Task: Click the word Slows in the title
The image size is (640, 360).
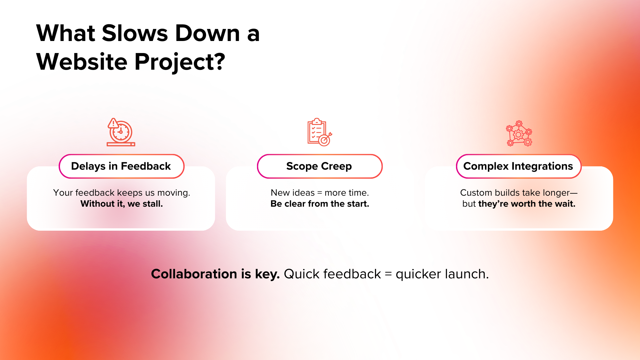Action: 135,33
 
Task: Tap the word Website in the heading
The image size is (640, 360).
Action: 82,62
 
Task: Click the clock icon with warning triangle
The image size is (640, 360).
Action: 121,132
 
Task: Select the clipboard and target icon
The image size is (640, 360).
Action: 319,132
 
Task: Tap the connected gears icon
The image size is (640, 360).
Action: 519,133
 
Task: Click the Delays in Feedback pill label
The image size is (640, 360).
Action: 121,166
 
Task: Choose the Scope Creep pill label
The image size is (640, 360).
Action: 319,166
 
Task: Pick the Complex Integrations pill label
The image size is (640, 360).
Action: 518,166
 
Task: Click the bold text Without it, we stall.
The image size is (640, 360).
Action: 122,204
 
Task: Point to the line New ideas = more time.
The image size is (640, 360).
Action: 320,193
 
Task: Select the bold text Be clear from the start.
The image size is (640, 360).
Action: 320,204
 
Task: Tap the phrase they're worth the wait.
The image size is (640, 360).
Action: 527,204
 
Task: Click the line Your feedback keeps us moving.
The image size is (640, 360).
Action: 122,193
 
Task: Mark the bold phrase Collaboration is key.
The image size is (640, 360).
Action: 215,274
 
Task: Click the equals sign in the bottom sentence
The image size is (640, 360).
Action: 388,274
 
